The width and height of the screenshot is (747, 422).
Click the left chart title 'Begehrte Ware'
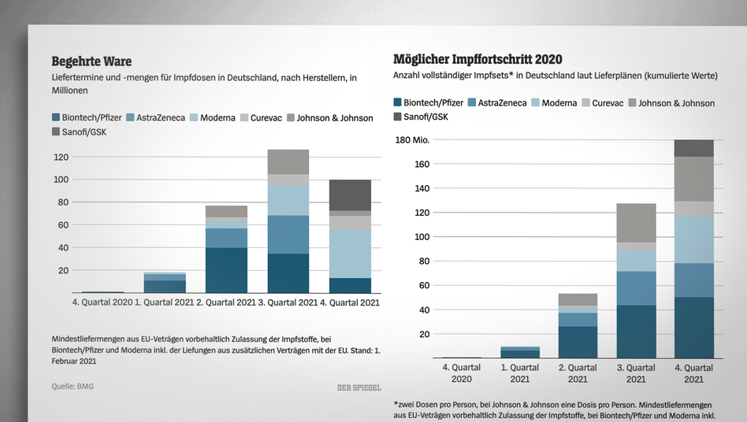pyautogui.click(x=91, y=61)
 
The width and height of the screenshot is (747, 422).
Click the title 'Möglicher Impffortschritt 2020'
pyautogui.click(x=478, y=59)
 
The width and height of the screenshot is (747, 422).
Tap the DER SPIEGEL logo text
pyautogui.click(x=360, y=387)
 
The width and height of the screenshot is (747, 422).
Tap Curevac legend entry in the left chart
pyautogui.click(x=267, y=118)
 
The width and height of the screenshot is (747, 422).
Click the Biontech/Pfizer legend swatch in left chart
pyautogui.click(x=56, y=118)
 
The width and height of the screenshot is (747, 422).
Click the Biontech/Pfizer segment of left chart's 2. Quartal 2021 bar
pyautogui.click(x=226, y=270)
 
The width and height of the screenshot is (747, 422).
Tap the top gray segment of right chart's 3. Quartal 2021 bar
pyautogui.click(x=636, y=223)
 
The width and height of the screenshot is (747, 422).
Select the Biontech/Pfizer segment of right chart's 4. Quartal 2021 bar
pyautogui.click(x=693, y=327)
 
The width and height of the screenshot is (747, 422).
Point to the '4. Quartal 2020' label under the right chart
pyautogui.click(x=462, y=373)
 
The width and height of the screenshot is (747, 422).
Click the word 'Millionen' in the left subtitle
pyautogui.click(x=70, y=91)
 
